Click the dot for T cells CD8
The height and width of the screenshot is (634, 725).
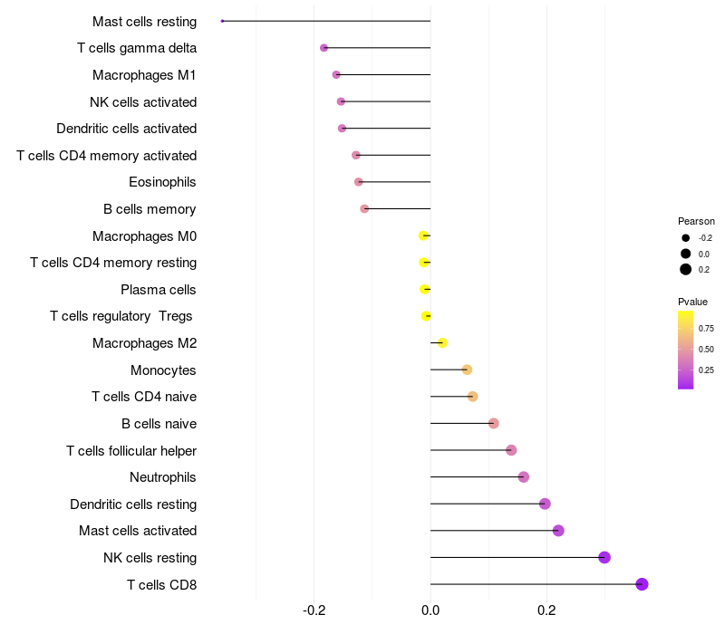tap(642, 584)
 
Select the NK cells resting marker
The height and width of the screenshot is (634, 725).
tap(604, 557)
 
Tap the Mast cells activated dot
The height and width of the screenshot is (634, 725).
tap(558, 531)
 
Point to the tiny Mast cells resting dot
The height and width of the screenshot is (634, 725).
tap(222, 21)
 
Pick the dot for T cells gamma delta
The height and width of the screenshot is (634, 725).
tap(324, 48)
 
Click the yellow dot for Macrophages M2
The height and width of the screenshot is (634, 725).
tap(442, 342)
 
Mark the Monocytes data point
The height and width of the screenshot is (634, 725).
tap(467, 370)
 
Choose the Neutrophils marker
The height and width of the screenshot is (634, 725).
tap(523, 477)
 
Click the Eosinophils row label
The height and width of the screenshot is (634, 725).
tap(162, 182)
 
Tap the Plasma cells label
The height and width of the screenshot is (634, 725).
tap(159, 290)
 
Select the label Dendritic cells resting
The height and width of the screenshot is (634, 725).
tap(133, 504)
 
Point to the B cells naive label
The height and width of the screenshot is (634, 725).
tap(159, 423)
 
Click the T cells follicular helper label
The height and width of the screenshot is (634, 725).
tap(131, 450)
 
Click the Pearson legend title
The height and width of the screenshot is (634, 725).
tap(696, 221)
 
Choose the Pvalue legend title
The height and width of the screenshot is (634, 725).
tap(692, 302)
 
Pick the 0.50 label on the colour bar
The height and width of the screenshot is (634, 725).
tap(706, 350)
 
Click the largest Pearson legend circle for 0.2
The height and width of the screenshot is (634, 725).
tap(686, 269)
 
